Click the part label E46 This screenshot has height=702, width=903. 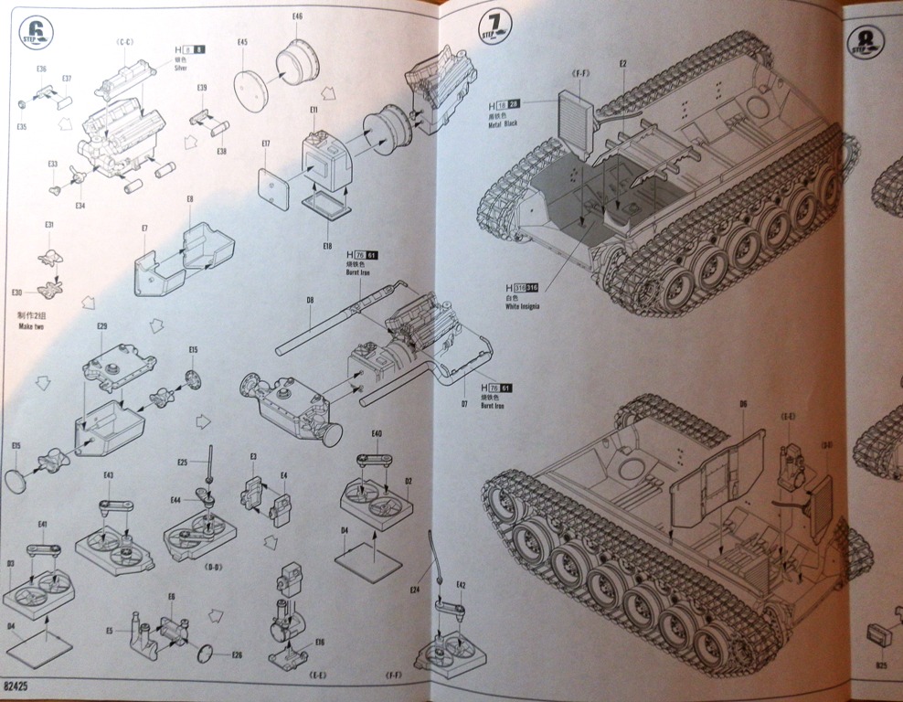point(297,16)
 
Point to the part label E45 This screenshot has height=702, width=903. point(242,42)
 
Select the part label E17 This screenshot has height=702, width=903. point(265,144)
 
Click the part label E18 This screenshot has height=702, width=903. point(327,246)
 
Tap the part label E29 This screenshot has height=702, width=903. point(101,325)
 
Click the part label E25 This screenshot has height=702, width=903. point(183,463)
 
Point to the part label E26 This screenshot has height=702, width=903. point(237,654)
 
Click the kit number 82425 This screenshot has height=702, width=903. point(19,684)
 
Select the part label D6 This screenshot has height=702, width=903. point(743,402)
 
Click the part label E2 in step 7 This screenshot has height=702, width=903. point(622,63)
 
